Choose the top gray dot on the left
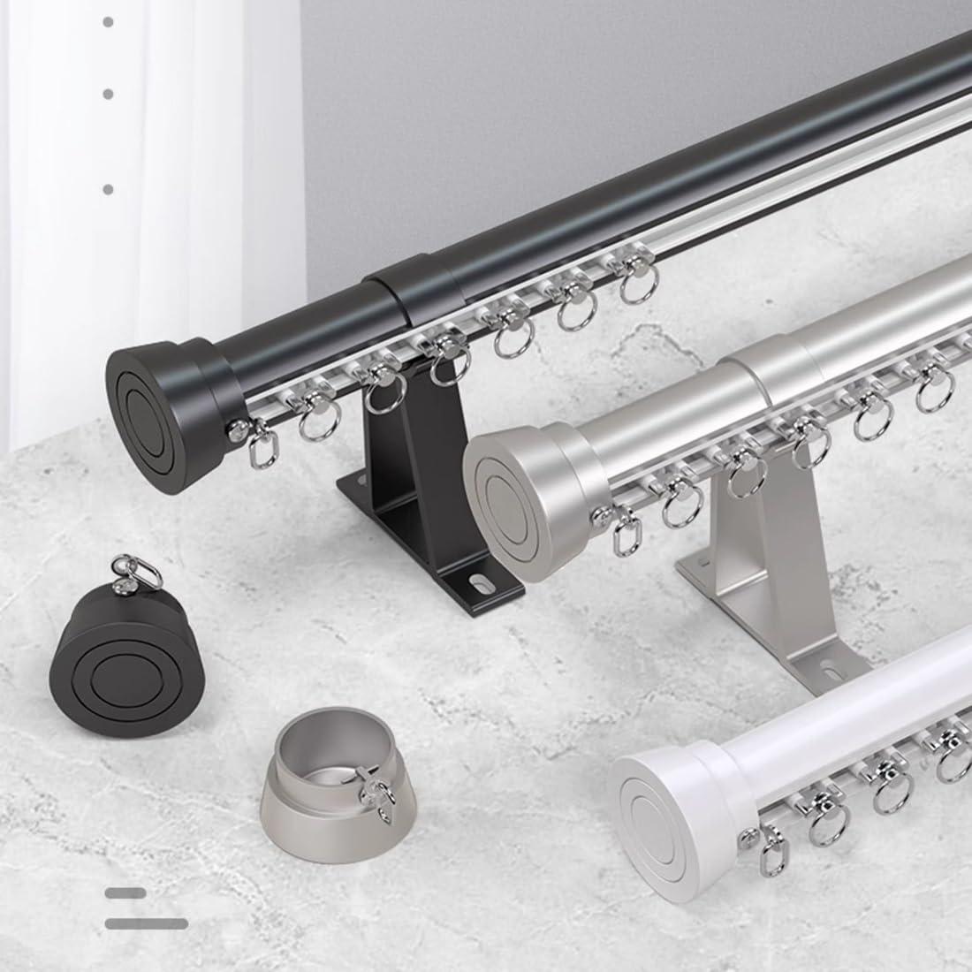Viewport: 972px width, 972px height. [108, 21]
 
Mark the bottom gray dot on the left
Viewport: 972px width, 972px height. [108, 189]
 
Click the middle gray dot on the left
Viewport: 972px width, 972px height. [108, 93]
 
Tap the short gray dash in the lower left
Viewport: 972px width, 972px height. [125, 893]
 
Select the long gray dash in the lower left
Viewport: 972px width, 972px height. [147, 924]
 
